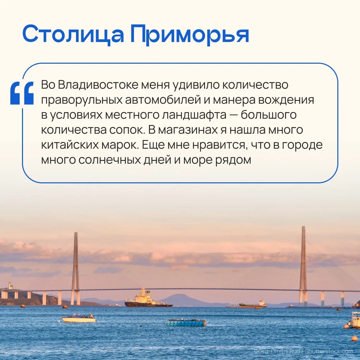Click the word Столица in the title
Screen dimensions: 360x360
pyautogui.click(x=73, y=34)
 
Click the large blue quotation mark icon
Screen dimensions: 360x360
pyautogui.click(x=22, y=93)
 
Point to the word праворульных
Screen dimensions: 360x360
pyautogui.click(x=82, y=100)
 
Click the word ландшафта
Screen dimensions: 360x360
pyautogui.click(x=194, y=115)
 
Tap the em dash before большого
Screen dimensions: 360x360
pyautogui.click(x=233, y=115)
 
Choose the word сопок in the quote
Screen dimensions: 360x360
pyautogui.click(x=127, y=130)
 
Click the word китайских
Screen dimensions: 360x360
pyautogui.click(x=70, y=145)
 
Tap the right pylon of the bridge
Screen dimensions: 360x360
pyautogui.click(x=303, y=266)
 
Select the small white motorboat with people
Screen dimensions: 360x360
pyautogui.click(x=79, y=318)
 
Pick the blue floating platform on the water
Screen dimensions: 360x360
pyautogui.click(x=186, y=323)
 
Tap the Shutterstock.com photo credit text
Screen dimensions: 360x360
pyautogui.click(x=329, y=351)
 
